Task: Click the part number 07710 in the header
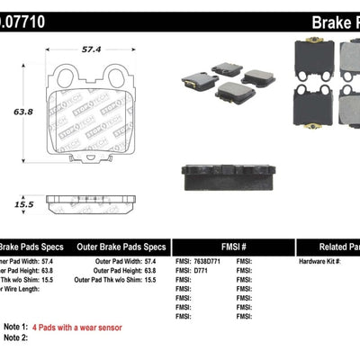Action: click(x=27, y=15)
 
